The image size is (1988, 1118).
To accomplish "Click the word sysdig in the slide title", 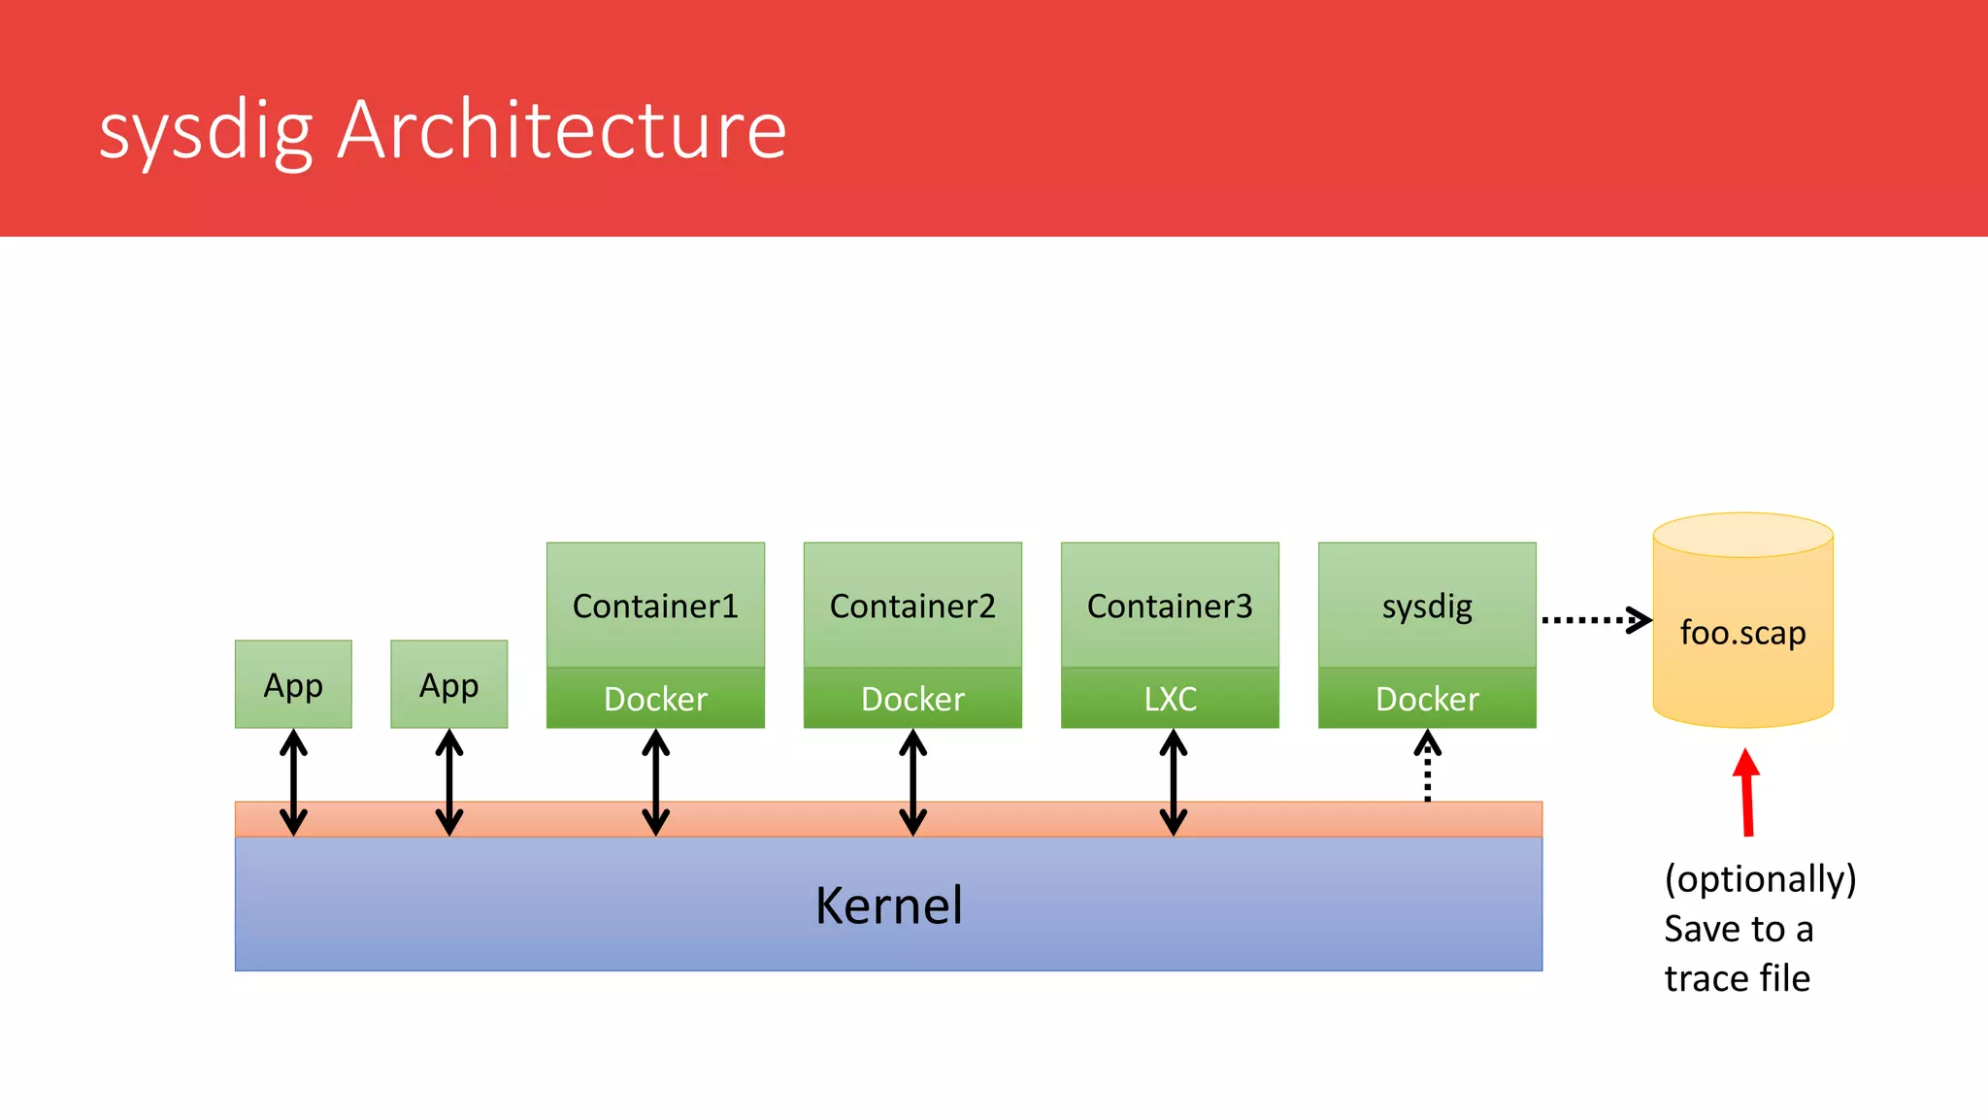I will point(206,131).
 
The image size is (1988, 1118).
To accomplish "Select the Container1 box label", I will point(655,607).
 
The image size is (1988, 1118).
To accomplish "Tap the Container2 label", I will point(912,607).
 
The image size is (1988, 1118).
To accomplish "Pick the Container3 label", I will point(1170,607).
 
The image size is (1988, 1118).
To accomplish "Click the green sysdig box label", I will point(1427,607).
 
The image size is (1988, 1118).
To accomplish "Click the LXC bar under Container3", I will point(1170,699).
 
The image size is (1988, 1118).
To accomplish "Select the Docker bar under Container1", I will point(655,699).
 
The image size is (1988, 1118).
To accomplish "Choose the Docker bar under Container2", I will point(912,699).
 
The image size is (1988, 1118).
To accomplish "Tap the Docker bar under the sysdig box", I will point(1427,699).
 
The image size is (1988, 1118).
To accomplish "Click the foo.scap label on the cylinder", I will point(1742,633).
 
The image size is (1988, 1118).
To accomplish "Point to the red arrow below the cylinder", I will point(1747,791).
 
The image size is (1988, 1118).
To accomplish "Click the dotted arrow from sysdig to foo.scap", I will point(1594,619).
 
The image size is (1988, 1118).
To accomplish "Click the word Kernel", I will point(888,905).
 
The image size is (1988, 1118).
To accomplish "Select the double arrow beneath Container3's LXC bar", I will point(1174,782).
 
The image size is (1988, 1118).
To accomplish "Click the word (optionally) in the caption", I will point(1759,879).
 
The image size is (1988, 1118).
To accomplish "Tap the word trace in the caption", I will point(1706,978).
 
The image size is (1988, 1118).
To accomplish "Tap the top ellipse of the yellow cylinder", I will point(1742,535).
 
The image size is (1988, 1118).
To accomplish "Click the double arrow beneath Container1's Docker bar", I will point(656,782).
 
